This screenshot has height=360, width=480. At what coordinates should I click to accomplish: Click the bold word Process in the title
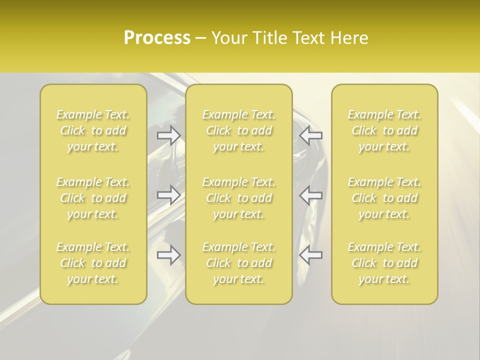pyautogui.click(x=157, y=38)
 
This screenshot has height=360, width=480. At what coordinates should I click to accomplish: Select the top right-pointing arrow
pyautogui.click(x=169, y=135)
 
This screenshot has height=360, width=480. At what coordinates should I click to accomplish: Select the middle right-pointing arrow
pyautogui.click(x=169, y=195)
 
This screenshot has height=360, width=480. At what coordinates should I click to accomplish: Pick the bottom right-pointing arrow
pyautogui.click(x=169, y=255)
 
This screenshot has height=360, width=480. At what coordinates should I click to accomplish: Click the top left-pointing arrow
pyautogui.click(x=311, y=135)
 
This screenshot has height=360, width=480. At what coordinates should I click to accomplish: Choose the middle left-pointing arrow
pyautogui.click(x=311, y=195)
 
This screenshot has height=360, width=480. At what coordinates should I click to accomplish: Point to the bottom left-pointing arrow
pyautogui.click(x=311, y=255)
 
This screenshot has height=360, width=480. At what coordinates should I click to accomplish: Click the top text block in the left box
pyautogui.click(x=93, y=130)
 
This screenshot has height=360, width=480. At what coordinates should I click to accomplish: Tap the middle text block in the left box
pyautogui.click(x=93, y=198)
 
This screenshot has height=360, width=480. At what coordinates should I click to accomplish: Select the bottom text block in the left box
pyautogui.click(x=93, y=263)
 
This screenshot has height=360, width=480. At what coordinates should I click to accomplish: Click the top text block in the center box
pyautogui.click(x=239, y=130)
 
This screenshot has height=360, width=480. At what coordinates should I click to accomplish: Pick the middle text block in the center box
pyautogui.click(x=239, y=198)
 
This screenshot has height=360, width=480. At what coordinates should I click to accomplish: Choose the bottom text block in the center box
pyautogui.click(x=239, y=263)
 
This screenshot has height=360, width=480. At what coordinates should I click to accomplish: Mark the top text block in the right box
pyautogui.click(x=384, y=130)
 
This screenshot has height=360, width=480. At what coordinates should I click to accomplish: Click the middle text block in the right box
pyautogui.click(x=384, y=198)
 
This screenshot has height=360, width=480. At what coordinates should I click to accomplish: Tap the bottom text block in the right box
pyautogui.click(x=384, y=263)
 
